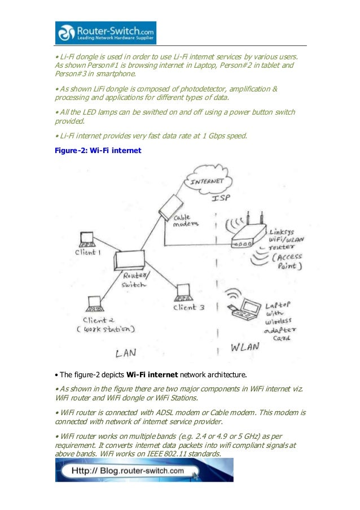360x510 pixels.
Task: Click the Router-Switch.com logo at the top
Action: [106, 33]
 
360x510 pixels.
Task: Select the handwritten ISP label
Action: [221, 200]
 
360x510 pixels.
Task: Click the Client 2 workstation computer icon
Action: [95, 304]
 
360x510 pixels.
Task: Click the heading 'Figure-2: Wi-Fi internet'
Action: [94, 151]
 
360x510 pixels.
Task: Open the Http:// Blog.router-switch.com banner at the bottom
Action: [144, 470]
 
